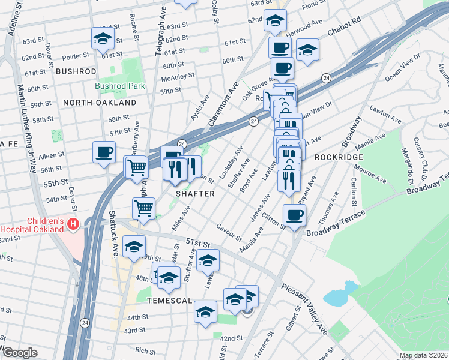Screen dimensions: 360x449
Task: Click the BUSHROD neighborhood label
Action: click(76, 71)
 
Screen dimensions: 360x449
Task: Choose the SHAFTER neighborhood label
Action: click(195, 194)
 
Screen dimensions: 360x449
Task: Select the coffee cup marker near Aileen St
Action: click(104, 152)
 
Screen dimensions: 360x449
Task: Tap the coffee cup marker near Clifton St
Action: click(294, 215)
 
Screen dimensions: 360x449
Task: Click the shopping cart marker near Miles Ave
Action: click(144, 208)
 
